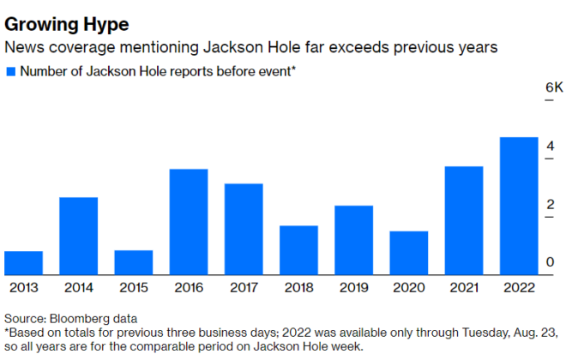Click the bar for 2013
(23, 263)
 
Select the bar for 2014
(78, 237)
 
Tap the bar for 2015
(133, 263)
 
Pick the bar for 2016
(189, 222)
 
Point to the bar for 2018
(298, 250)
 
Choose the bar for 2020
(409, 253)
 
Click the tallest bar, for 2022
(519, 207)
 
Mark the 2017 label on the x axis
(244, 289)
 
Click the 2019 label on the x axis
(353, 289)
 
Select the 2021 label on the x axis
(464, 289)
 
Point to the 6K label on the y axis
(531, 88)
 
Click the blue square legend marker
(10, 71)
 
